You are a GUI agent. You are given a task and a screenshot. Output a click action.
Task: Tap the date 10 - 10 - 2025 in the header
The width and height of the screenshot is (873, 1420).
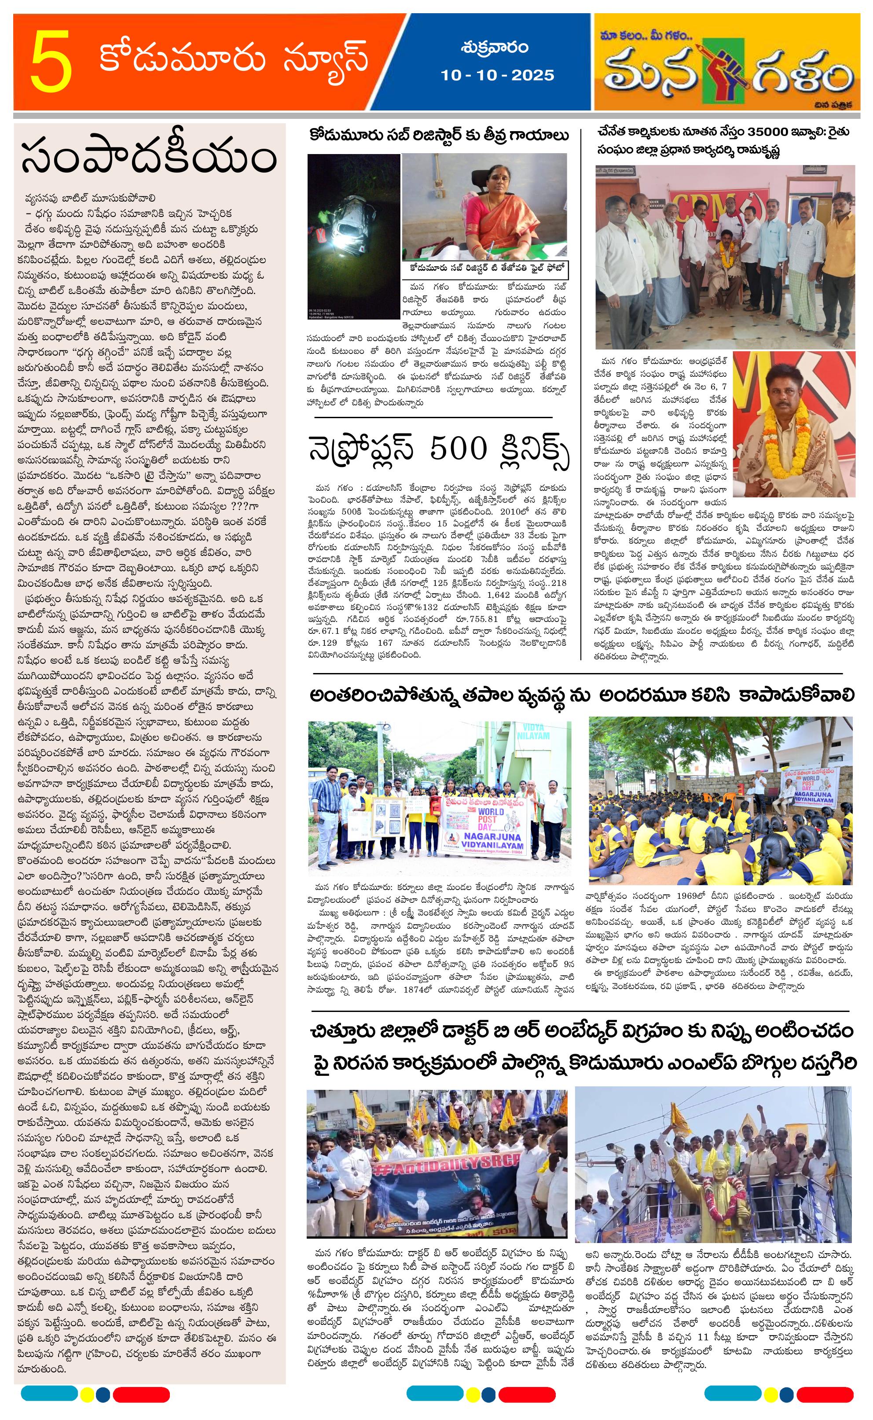(x=496, y=75)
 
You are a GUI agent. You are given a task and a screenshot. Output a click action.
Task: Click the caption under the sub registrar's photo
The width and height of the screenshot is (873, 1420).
(x=485, y=269)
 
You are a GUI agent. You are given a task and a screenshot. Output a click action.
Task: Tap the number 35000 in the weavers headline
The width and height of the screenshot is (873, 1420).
(x=775, y=132)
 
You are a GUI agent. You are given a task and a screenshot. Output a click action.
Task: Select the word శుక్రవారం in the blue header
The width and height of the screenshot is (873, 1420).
(x=495, y=48)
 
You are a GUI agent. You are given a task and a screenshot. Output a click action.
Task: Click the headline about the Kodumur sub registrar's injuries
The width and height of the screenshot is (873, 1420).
(x=439, y=136)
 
